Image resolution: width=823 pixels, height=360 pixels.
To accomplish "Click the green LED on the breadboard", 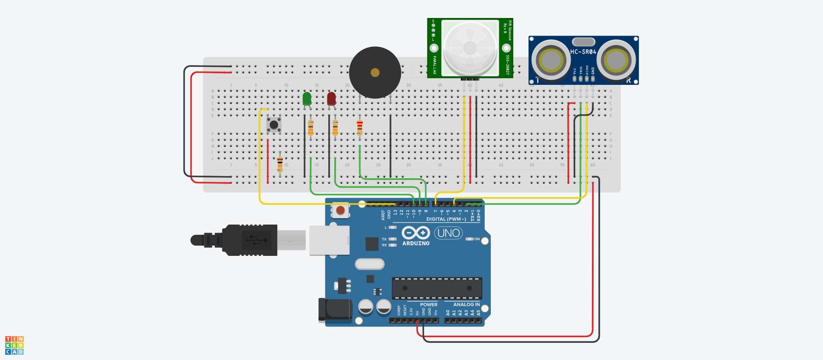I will coord(307,99).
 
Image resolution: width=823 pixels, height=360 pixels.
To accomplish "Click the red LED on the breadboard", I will coord(331,99).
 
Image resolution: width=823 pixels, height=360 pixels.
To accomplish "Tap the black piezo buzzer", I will coord(375,72).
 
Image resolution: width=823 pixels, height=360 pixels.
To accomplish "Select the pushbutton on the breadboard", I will coord(273,125).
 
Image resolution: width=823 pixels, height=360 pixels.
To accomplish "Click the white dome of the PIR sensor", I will coord(470,47).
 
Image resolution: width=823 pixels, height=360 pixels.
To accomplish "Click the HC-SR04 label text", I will coord(583,52).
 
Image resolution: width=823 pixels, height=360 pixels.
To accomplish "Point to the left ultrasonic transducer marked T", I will coord(551,60).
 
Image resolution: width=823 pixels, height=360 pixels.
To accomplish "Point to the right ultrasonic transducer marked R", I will coord(616,60).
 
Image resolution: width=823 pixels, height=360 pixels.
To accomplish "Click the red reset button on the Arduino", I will coord(340,210).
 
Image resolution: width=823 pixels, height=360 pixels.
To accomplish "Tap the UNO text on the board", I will coord(448,233).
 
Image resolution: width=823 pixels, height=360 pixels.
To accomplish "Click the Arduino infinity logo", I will coord(415,233).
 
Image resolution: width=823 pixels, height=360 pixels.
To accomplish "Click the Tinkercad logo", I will coord(15,345).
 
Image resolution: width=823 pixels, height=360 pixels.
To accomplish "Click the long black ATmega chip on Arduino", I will coord(437,288).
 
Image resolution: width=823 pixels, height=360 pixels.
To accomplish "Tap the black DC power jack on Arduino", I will coord(334,310).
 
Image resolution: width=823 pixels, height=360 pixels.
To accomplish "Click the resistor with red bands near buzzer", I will coord(360,127).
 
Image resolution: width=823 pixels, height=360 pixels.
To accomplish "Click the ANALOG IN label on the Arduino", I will coord(466,305).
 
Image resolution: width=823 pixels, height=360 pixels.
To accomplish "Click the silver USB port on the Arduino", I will coord(329,240).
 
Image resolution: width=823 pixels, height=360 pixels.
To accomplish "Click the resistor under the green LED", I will coord(311,127).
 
